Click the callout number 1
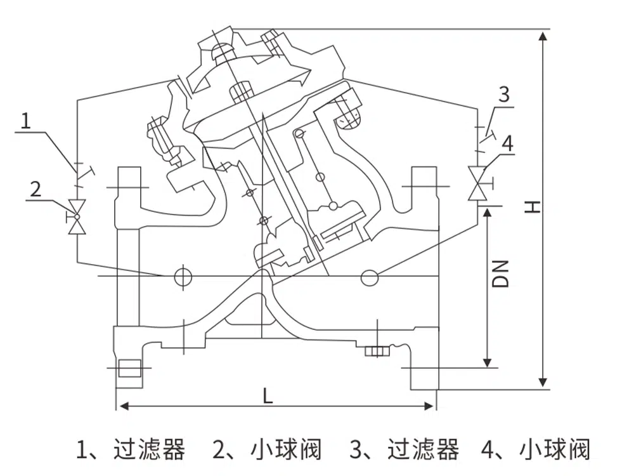coord(25,120)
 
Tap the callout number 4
coord(507,143)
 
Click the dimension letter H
coord(533,206)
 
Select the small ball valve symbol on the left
coord(77,216)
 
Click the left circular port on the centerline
coord(183,275)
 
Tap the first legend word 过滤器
coord(150,449)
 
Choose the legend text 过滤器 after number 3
coord(423,449)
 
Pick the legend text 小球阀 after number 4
coord(555,449)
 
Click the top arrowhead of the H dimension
coord(543,34)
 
